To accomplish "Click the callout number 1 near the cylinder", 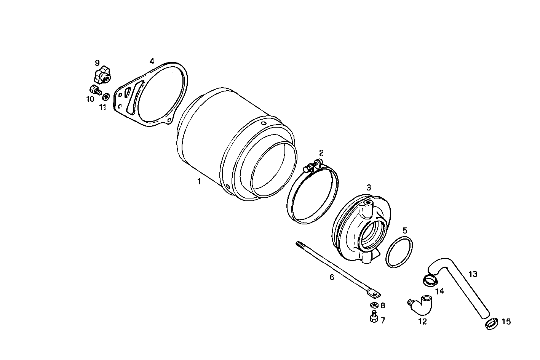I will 199,182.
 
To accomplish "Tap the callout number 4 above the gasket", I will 152,61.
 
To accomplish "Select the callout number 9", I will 97,62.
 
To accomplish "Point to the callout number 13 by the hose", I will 473,274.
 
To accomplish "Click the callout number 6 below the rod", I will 332,277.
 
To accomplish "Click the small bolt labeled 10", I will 94,90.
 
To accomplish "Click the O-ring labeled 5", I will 399,252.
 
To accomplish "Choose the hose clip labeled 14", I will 430,281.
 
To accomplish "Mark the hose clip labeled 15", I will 491,324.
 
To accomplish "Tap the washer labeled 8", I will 374,305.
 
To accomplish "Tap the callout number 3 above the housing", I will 369,187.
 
